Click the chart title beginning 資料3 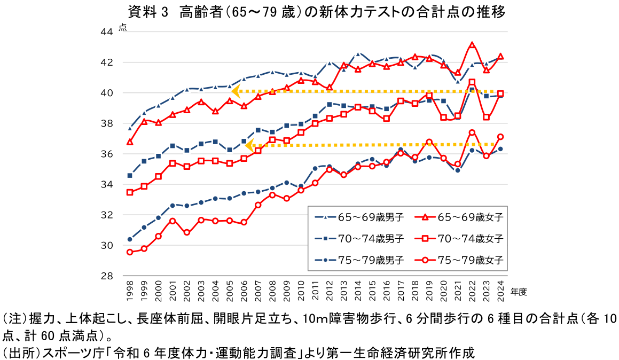point(317,11)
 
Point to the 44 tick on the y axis point(107,32)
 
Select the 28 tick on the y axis point(107,276)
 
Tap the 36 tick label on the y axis point(107,154)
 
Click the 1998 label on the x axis point(130,288)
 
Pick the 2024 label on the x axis point(500,288)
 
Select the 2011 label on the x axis point(315,288)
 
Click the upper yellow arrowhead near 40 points point(236,91)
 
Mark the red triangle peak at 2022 point(472,45)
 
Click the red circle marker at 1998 point(130,252)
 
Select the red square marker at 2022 point(472,82)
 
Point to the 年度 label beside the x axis point(519,292)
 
